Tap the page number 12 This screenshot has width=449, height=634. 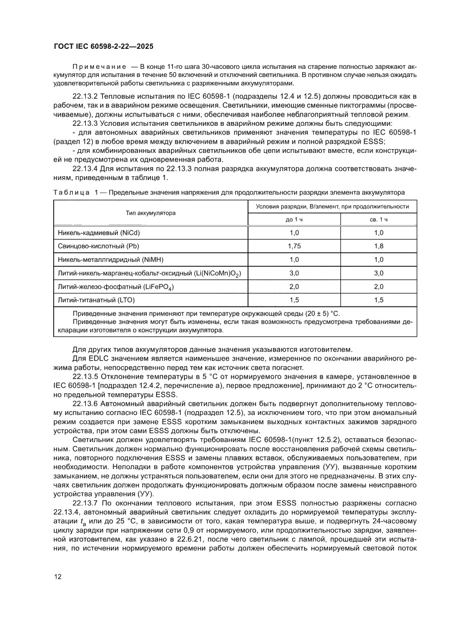(57, 576)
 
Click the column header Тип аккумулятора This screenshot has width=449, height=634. (150, 213)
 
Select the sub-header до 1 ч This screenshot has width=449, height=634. (294, 219)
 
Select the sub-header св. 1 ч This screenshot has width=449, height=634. (378, 219)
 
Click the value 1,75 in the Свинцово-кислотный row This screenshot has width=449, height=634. (294, 246)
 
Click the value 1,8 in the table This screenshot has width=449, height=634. (378, 246)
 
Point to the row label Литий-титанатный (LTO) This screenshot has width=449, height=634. (96, 299)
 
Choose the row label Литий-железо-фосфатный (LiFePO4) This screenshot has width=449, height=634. (116, 286)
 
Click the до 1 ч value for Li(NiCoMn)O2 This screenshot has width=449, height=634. (294, 273)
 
